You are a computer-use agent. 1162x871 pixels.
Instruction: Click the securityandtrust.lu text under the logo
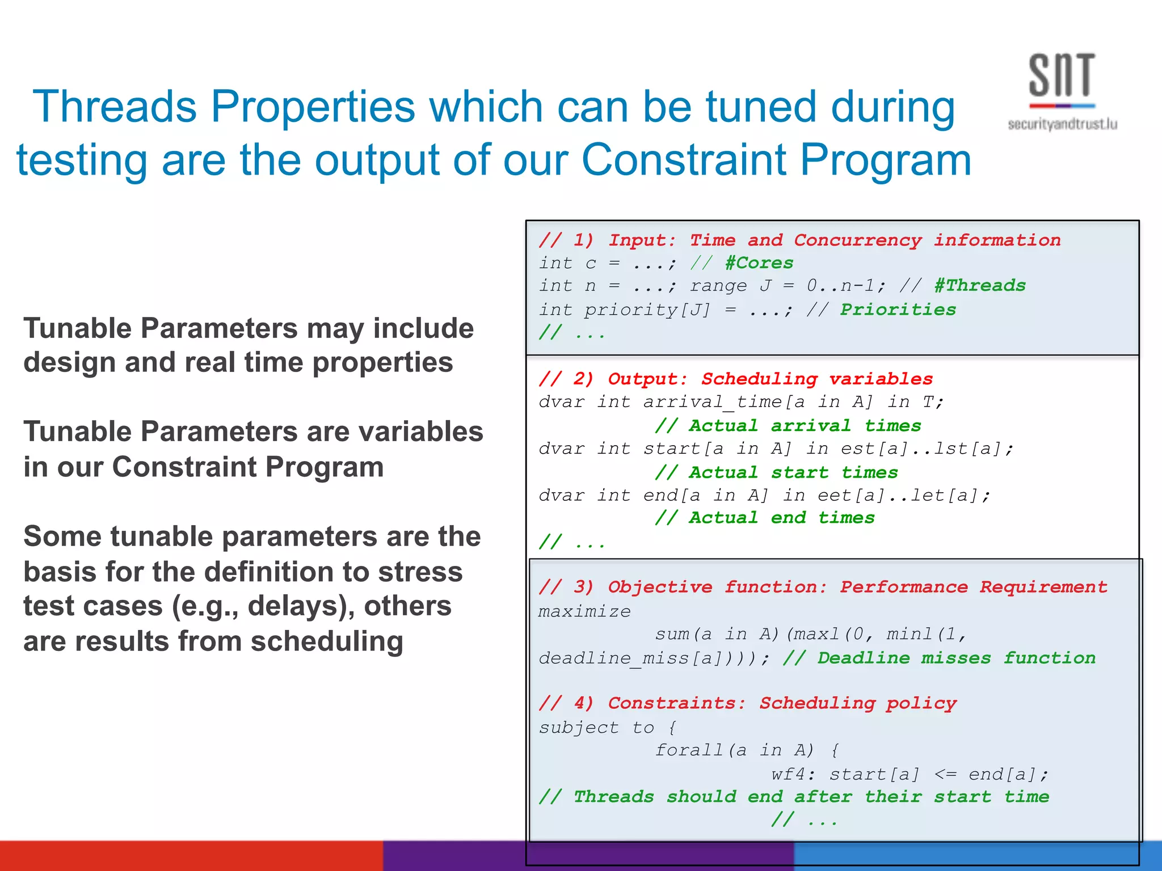(1062, 124)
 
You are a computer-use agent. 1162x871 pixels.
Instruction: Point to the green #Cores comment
(759, 263)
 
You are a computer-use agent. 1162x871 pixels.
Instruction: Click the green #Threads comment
(980, 285)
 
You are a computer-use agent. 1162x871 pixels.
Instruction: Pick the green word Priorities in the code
(898, 310)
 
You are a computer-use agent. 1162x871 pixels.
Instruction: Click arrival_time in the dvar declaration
(713, 402)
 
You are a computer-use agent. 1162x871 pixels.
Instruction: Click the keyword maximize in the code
(584, 611)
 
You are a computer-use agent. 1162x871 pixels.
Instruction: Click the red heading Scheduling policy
(858, 703)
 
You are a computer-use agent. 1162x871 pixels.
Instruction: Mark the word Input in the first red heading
(641, 240)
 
